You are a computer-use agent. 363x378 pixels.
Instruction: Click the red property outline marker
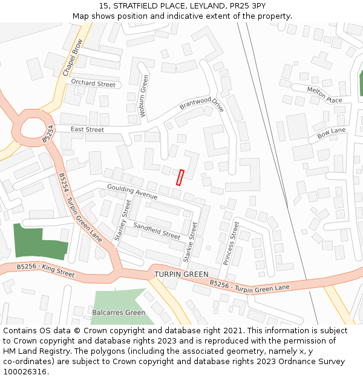point(180,177)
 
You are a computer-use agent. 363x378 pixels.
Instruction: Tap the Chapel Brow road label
point(72,58)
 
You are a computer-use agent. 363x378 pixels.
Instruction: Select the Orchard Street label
point(93,83)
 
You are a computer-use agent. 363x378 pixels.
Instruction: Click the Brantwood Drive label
point(201,103)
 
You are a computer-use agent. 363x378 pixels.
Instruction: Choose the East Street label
point(87,129)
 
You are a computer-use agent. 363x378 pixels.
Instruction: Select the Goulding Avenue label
point(132,192)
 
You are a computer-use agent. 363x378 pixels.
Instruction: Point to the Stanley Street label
point(122,220)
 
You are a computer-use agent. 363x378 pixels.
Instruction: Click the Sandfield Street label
point(157,230)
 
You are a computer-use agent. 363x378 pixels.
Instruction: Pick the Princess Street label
point(231,243)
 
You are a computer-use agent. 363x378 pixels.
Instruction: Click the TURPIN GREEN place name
point(181,274)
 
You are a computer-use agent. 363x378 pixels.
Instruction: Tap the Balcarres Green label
point(119,313)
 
